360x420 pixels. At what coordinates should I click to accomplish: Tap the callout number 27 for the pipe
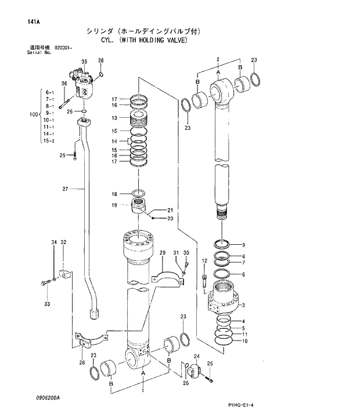pos(65,189)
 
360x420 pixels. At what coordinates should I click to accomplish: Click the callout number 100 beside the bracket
pos(33,114)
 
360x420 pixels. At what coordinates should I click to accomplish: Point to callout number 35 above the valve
pos(84,61)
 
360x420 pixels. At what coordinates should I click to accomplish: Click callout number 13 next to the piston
pos(114,118)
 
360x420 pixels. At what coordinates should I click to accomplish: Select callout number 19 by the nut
pos(114,205)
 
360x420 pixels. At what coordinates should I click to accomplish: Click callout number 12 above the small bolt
pos(204,261)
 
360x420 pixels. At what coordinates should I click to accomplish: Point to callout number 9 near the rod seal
pos(243,245)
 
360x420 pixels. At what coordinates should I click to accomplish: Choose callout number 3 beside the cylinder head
pos(243,305)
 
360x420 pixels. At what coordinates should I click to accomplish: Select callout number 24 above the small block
pos(196,356)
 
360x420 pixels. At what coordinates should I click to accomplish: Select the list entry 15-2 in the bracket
pos(48,141)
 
